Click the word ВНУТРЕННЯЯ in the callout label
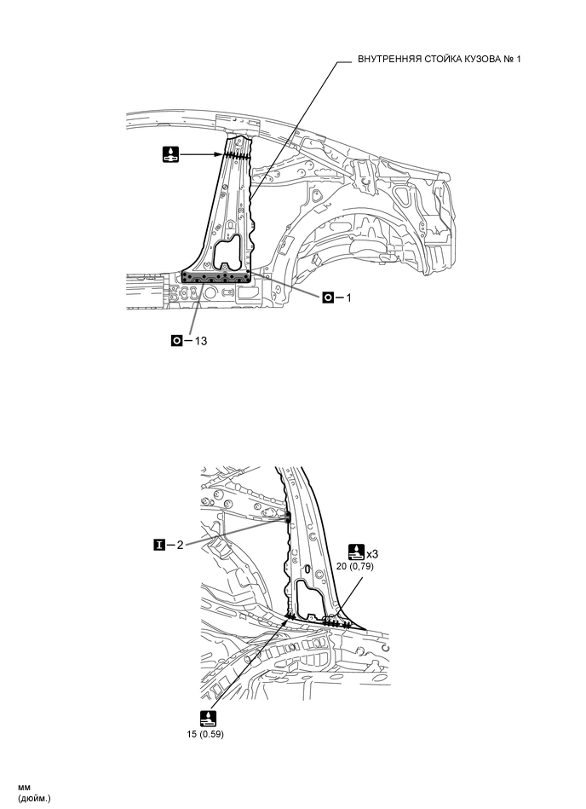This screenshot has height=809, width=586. [x=389, y=58]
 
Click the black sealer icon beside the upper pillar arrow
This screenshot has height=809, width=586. [x=172, y=154]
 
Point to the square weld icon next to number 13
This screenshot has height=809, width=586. [x=178, y=339]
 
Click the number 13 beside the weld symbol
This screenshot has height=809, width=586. [x=202, y=339]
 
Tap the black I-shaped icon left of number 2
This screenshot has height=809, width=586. [x=158, y=542]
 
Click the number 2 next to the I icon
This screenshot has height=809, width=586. [x=180, y=542]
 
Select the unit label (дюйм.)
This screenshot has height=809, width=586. [x=35, y=798]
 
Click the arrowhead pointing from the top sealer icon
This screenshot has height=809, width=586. [x=223, y=154]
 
